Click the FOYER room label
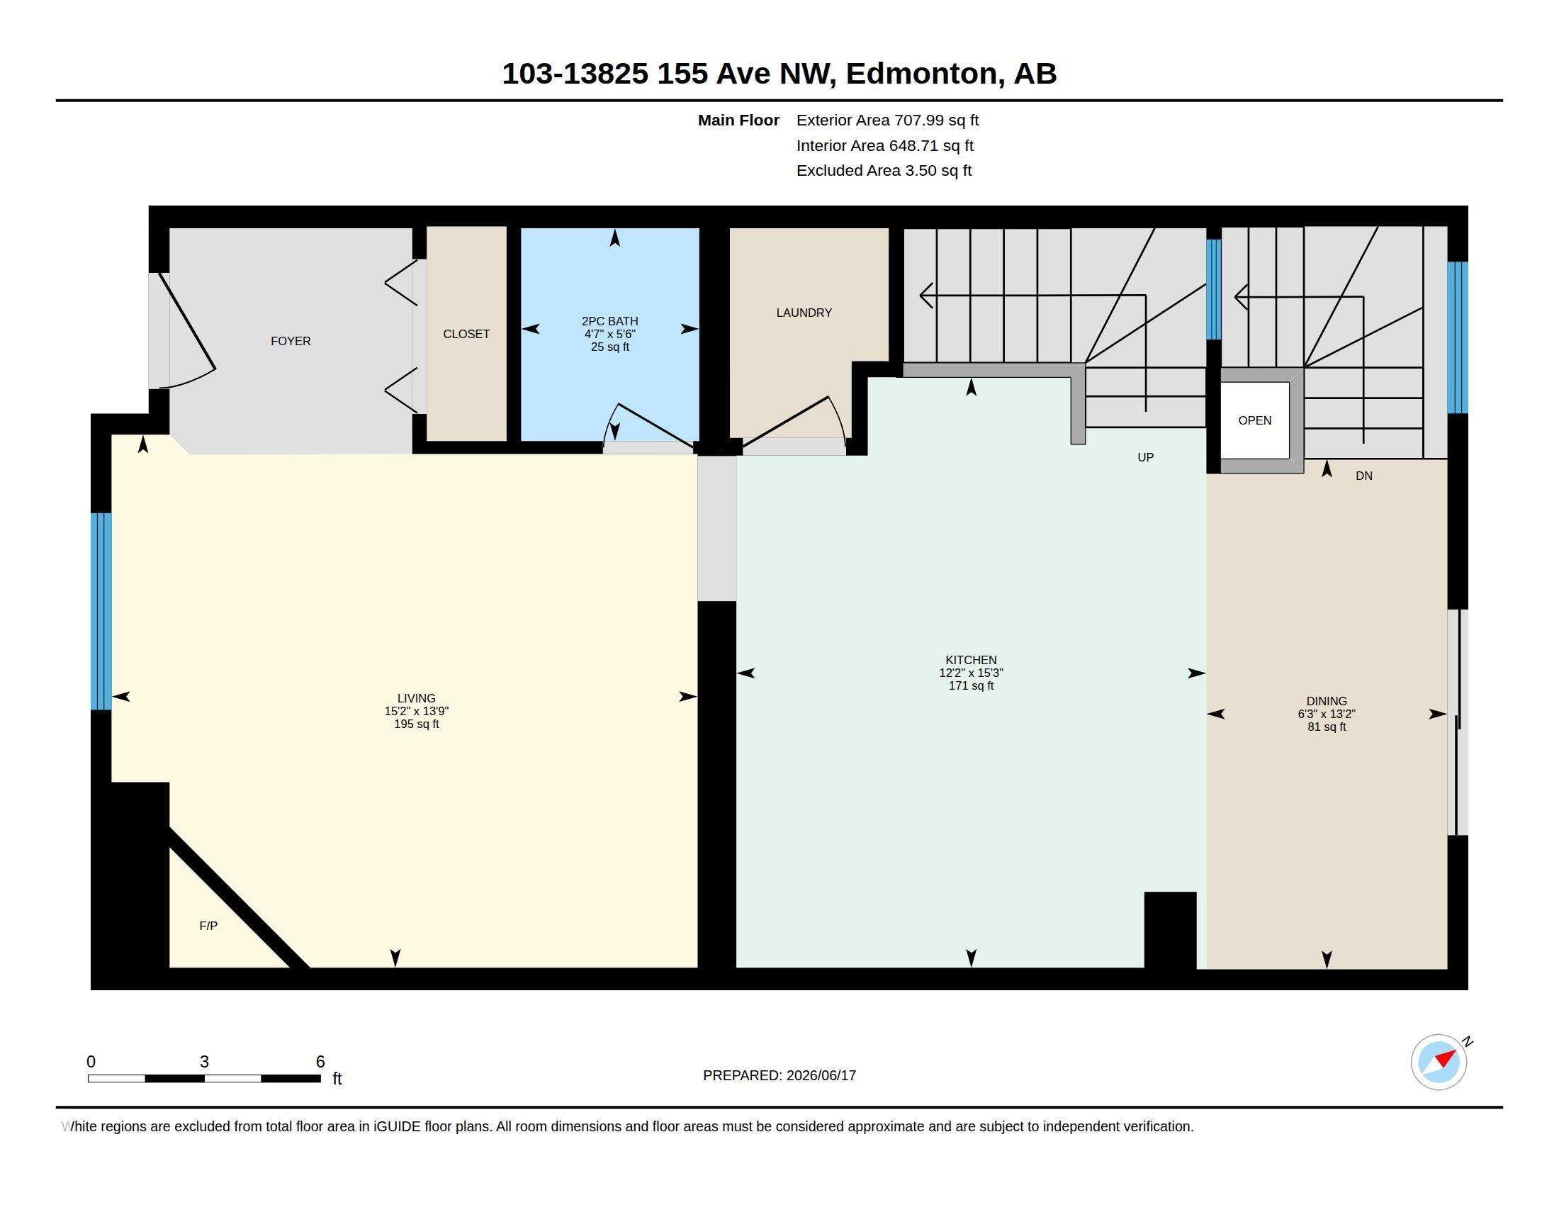pyautogui.click(x=291, y=341)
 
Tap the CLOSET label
pyautogui.click(x=466, y=334)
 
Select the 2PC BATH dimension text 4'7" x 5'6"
pyautogui.click(x=609, y=334)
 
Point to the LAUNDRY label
pyautogui.click(x=804, y=313)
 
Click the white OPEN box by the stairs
pyautogui.click(x=1254, y=420)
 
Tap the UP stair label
pyautogui.click(x=1145, y=458)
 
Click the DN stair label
pyautogui.click(x=1363, y=476)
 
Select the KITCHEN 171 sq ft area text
pyautogui.click(x=971, y=686)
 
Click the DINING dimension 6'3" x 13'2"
pyautogui.click(x=1327, y=714)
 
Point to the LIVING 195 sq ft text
pyautogui.click(x=416, y=724)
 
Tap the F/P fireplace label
pyautogui.click(x=208, y=926)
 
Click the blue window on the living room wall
pyautogui.click(x=101, y=611)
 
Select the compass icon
pyautogui.click(x=1439, y=1062)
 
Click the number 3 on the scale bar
pyautogui.click(x=204, y=1062)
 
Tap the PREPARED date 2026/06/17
pyautogui.click(x=821, y=1075)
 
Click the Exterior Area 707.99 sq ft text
pyautogui.click(x=887, y=120)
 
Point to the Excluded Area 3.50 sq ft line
pyautogui.click(x=884, y=171)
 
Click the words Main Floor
pyautogui.click(x=738, y=120)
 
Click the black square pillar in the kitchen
pyautogui.click(x=1170, y=930)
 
